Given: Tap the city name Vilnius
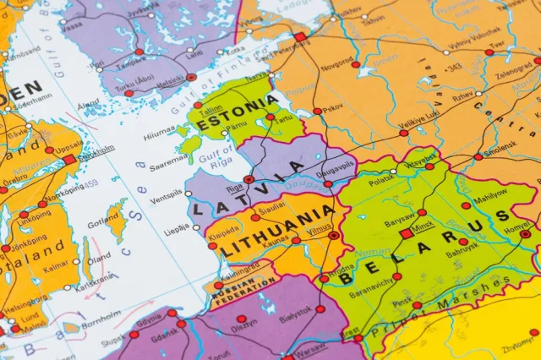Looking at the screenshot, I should (320, 228).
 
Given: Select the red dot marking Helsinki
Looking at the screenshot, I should (192, 77).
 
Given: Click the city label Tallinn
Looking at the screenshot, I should (210, 108).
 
